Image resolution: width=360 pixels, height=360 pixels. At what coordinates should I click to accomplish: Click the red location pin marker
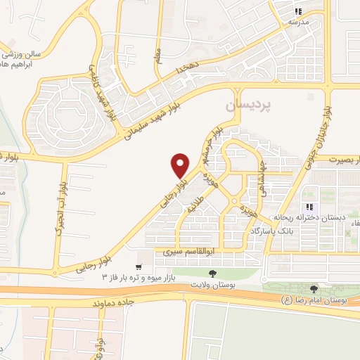point(181,165)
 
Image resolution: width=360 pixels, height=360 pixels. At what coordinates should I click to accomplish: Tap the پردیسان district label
point(247,106)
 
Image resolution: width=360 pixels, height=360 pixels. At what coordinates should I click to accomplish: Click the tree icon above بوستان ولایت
point(212,274)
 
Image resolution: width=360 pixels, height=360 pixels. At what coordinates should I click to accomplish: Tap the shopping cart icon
point(141,266)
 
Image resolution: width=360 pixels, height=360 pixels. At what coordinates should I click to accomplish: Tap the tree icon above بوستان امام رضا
point(314,289)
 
